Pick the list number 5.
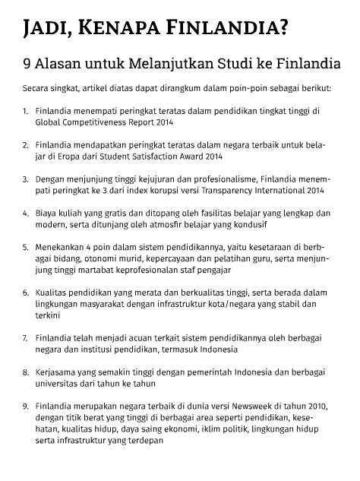[26, 247]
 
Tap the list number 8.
[26, 373]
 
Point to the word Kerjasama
[57, 373]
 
